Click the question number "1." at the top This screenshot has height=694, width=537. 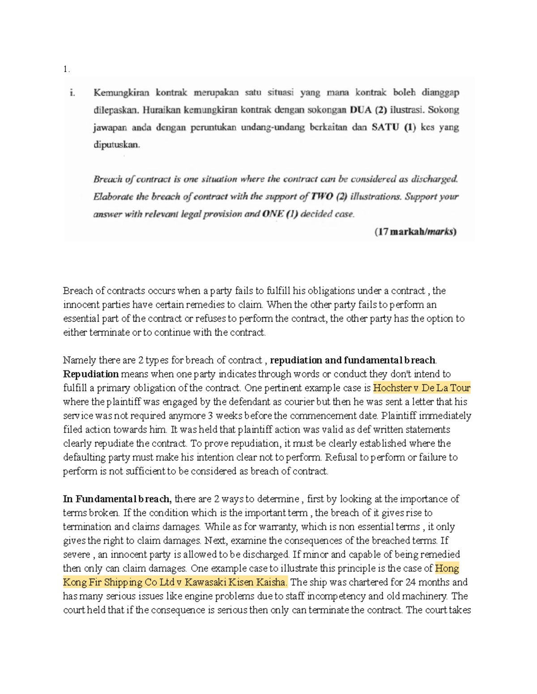(x=66, y=69)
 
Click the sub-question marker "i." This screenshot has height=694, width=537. (x=72, y=93)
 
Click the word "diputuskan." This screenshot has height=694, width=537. (x=116, y=145)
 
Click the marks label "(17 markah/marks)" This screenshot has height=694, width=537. (x=415, y=232)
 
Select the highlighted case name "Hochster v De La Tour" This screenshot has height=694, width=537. (x=422, y=388)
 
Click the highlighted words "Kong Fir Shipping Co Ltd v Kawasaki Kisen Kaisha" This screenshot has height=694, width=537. (x=175, y=582)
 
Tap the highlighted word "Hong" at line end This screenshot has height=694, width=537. (x=447, y=568)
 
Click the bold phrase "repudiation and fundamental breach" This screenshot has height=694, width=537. (x=353, y=360)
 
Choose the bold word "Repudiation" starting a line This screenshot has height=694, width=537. (x=91, y=374)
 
